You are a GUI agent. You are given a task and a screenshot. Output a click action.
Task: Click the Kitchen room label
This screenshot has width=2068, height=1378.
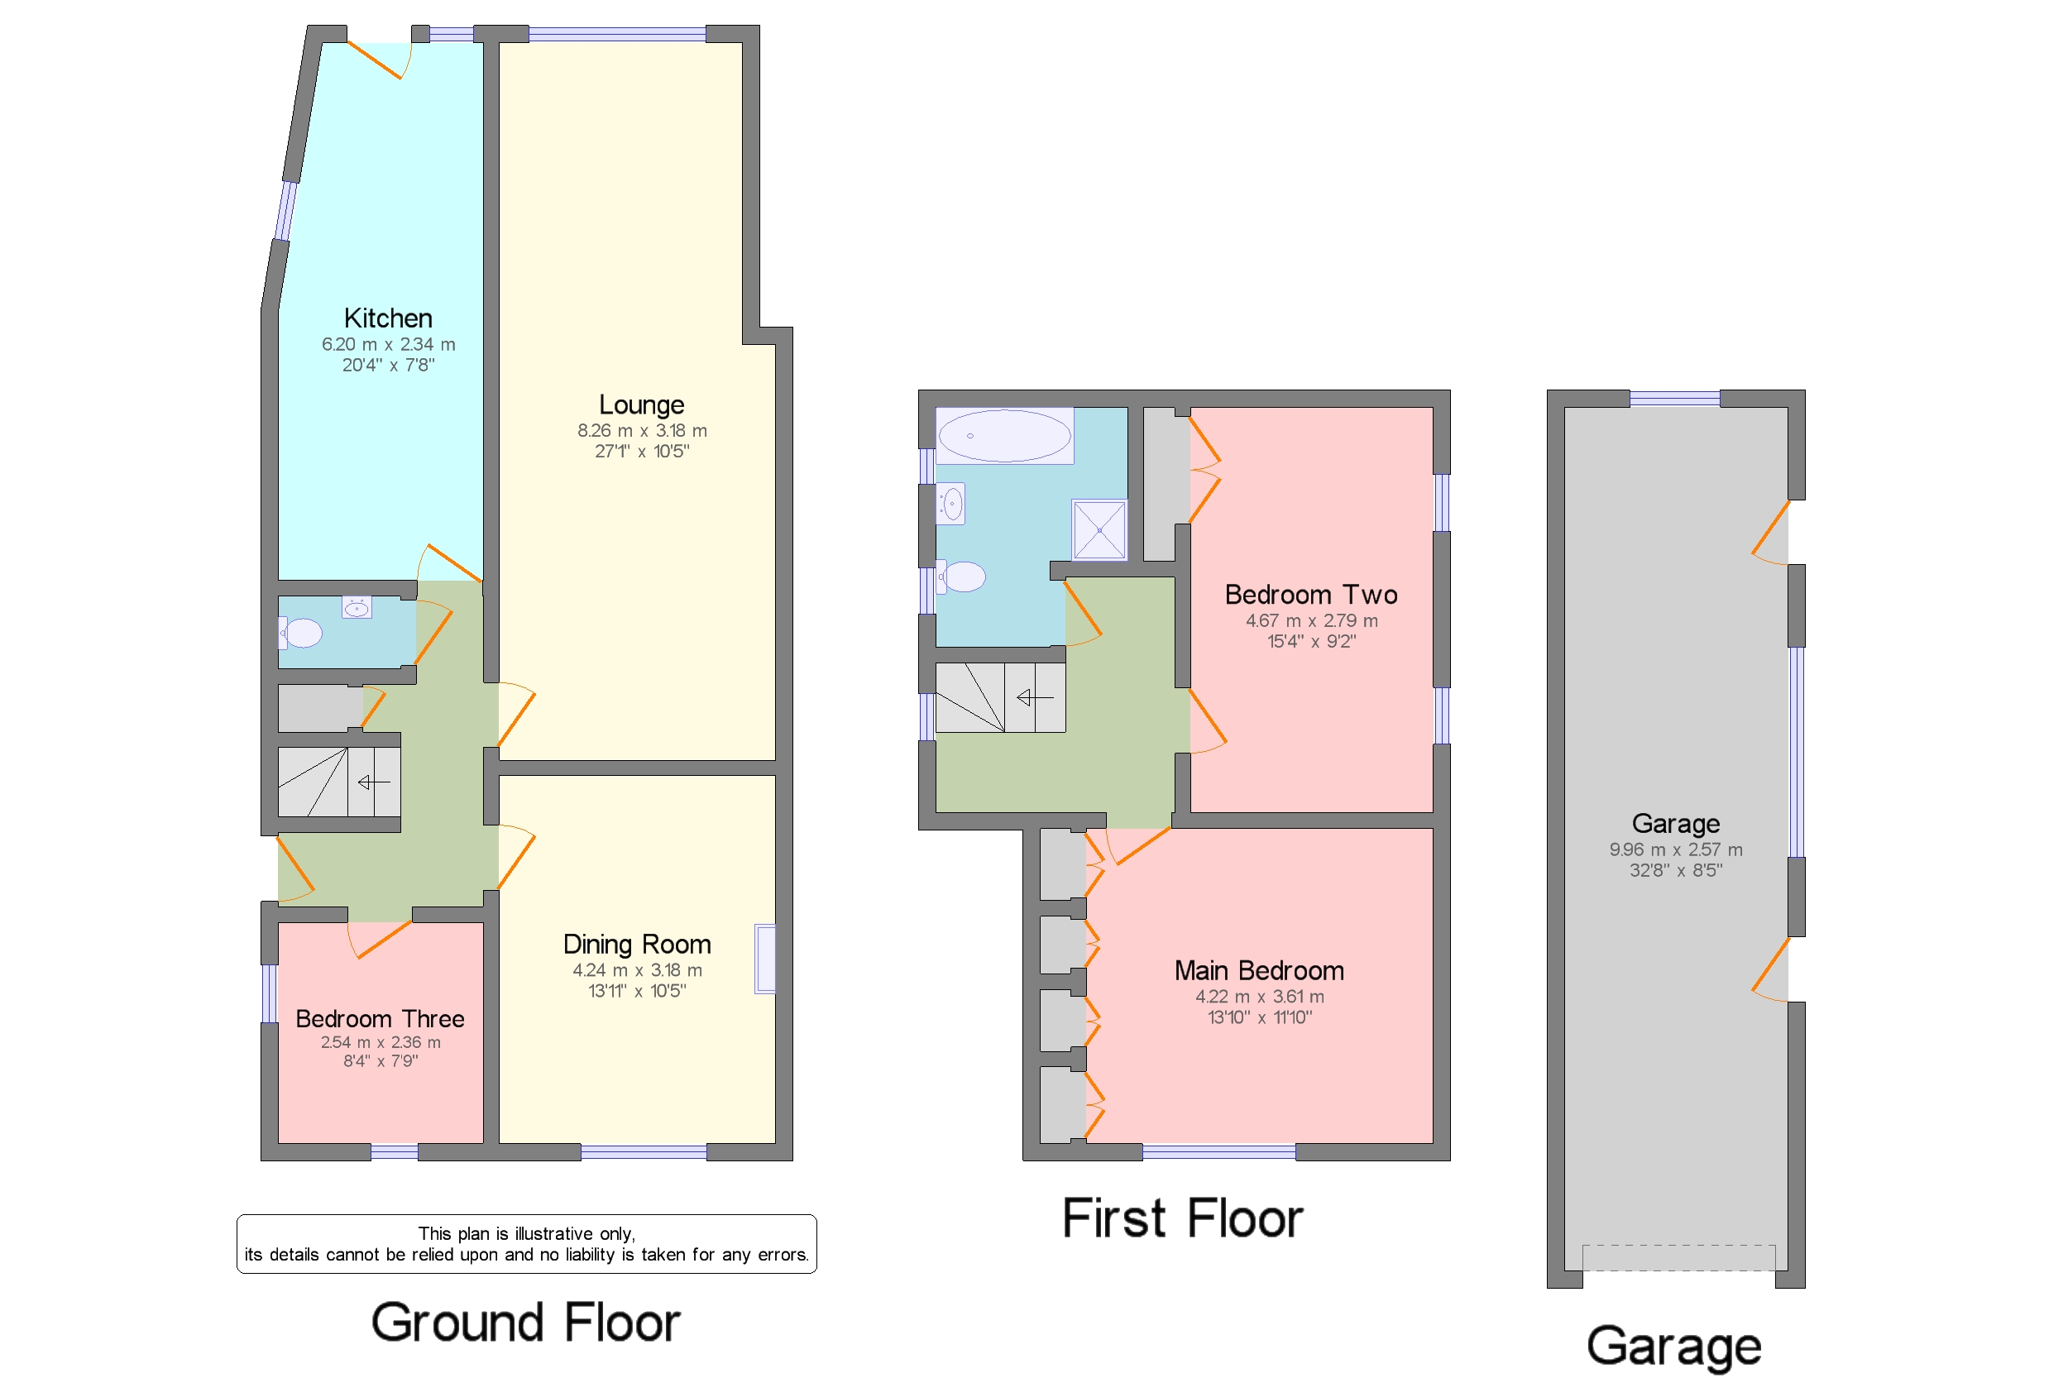click(388, 318)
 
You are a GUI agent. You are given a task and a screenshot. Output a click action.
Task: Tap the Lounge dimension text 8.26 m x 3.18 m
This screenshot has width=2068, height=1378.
click(642, 431)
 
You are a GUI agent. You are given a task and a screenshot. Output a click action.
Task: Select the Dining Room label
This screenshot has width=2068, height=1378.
click(637, 944)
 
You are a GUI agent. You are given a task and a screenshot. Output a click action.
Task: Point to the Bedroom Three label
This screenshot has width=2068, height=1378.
click(380, 1018)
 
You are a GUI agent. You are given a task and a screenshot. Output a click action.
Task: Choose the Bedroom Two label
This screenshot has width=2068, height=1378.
click(1311, 595)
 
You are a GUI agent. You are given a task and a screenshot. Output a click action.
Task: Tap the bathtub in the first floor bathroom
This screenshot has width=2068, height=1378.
click(1004, 435)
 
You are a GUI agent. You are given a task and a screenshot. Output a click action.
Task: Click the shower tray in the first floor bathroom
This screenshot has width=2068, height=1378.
click(1099, 530)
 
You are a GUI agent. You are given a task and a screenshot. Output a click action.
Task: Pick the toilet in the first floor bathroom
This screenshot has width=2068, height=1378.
click(960, 577)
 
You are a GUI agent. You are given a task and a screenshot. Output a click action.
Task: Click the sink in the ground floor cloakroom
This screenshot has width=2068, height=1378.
click(357, 607)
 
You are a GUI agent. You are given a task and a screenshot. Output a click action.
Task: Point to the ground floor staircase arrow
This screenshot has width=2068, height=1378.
click(375, 782)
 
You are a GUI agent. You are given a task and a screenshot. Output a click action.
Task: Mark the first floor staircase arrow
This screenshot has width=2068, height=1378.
click(1035, 698)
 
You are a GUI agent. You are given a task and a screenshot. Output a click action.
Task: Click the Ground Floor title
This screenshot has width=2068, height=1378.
click(525, 1323)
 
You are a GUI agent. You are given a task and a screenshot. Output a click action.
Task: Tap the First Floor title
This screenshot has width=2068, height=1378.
click(1182, 1218)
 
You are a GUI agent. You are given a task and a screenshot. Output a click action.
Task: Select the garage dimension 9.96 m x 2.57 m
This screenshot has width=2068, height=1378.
click(1676, 849)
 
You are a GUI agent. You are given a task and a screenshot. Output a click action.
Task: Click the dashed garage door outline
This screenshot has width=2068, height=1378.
click(1678, 1257)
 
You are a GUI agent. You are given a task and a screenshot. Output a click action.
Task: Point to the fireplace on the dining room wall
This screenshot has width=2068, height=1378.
click(764, 959)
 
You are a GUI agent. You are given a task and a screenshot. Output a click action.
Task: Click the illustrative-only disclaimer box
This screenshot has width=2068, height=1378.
click(526, 1243)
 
